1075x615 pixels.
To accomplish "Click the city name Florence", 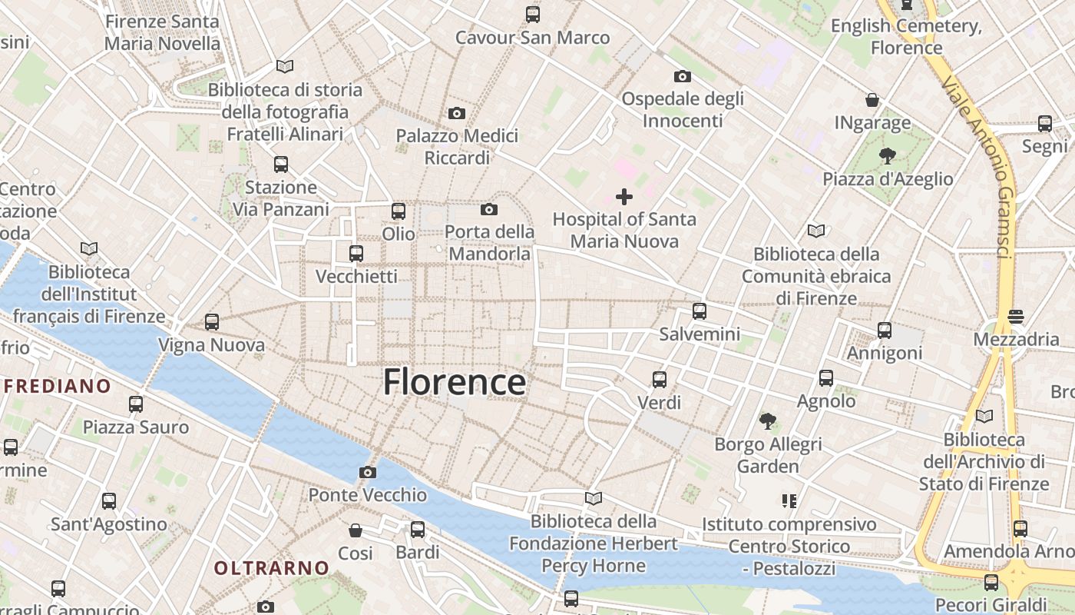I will pyautogui.click(x=455, y=382).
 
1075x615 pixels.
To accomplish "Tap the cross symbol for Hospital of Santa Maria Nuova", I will pyautogui.click(x=624, y=197).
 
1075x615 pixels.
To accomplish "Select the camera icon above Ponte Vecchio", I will pyautogui.click(x=368, y=472).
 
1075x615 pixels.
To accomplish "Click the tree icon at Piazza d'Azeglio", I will pyautogui.click(x=888, y=156).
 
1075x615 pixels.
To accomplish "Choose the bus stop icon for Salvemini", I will pyautogui.click(x=700, y=311).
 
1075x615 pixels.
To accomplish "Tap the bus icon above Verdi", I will pyautogui.click(x=660, y=380).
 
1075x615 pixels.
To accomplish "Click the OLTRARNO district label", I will pyautogui.click(x=271, y=568).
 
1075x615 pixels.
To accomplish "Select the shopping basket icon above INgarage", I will pyautogui.click(x=872, y=100).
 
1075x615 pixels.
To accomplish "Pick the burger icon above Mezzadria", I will pyautogui.click(x=1016, y=317).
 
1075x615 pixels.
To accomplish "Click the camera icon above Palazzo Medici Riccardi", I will pyautogui.click(x=457, y=114).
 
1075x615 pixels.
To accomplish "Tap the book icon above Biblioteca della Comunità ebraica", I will pyautogui.click(x=816, y=231).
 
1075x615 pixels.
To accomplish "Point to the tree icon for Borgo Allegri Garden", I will pyautogui.click(x=767, y=421).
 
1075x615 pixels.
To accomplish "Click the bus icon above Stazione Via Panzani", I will pyautogui.click(x=281, y=164).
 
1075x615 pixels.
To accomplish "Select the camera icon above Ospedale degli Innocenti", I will pyautogui.click(x=682, y=76).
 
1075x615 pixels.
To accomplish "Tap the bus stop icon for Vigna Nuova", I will pyautogui.click(x=212, y=322).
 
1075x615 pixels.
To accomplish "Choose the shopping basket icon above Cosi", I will pyautogui.click(x=356, y=530).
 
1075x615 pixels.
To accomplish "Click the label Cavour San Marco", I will pyautogui.click(x=532, y=37).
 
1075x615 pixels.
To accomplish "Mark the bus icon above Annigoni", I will pyautogui.click(x=885, y=331).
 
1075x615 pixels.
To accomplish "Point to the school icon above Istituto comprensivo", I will pyautogui.click(x=789, y=501).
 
